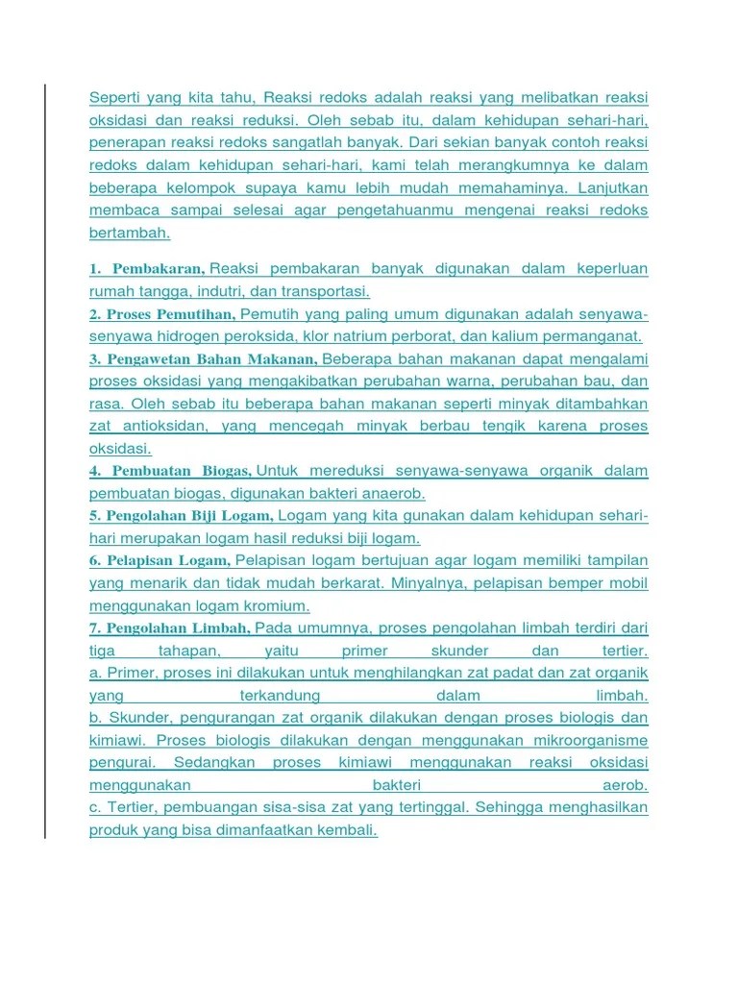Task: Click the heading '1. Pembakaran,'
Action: click(147, 269)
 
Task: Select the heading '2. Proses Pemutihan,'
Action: click(161, 315)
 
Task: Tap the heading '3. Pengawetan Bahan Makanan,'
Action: click(204, 359)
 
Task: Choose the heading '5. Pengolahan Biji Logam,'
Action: click(182, 517)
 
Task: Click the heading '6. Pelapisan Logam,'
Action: click(160, 561)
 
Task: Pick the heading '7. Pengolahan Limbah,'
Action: click(170, 628)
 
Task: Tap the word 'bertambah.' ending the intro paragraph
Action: click(130, 233)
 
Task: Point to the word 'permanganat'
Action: click(594, 336)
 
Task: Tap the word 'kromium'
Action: click(277, 606)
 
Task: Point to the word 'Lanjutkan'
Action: click(607, 187)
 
